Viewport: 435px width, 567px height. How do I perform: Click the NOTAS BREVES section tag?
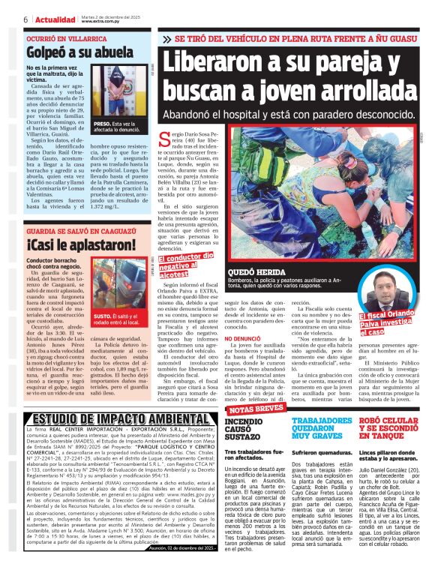(258, 409)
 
